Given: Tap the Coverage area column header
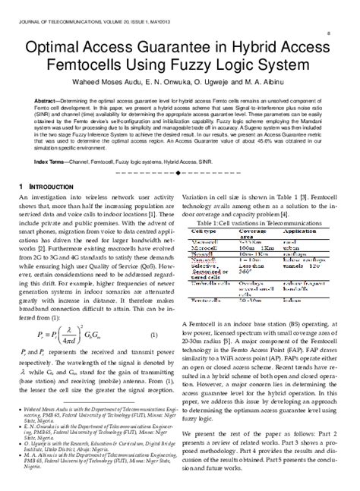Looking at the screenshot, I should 255,236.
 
